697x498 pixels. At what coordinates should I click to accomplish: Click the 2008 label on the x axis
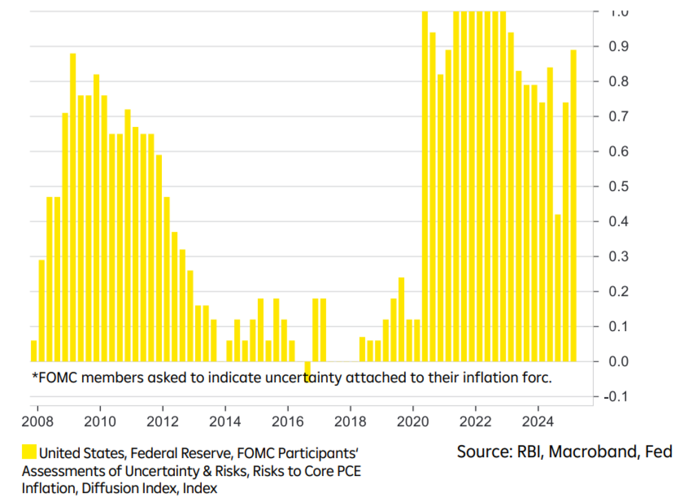click(37, 422)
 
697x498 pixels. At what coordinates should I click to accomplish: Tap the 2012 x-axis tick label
click(162, 422)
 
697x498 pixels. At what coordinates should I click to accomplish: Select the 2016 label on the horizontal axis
click(287, 422)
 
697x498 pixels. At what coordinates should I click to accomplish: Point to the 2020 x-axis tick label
click(413, 422)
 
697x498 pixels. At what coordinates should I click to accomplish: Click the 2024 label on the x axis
click(538, 422)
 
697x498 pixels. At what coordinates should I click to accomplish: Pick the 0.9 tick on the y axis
click(618, 47)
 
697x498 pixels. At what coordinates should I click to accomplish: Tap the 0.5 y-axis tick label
click(618, 187)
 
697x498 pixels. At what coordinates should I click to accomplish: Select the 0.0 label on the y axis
click(618, 362)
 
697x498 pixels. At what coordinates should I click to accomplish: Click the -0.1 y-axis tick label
click(616, 397)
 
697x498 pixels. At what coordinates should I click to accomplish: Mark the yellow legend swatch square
click(29, 452)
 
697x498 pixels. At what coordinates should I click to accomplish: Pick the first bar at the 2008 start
click(34, 351)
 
